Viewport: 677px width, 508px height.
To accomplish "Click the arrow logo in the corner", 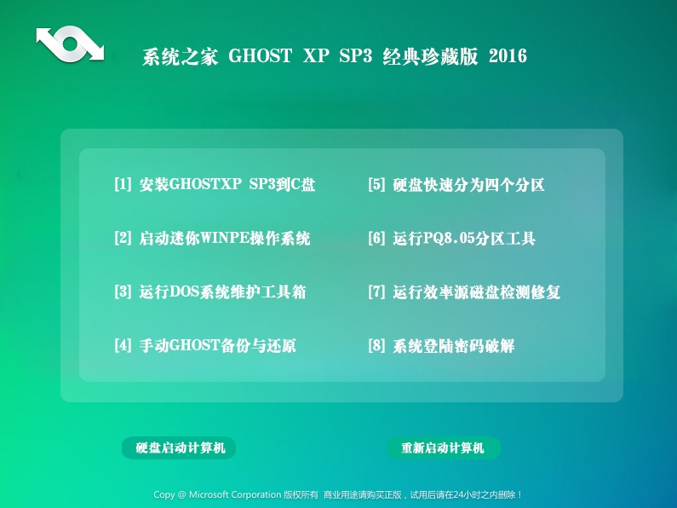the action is [70, 43].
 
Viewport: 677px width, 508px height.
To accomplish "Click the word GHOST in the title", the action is [261, 56].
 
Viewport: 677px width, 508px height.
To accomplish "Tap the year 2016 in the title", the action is [508, 56].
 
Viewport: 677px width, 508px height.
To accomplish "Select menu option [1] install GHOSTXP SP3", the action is [215, 184].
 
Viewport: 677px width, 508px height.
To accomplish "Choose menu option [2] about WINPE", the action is [212, 238].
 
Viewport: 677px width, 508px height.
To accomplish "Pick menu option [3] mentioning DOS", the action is [209, 292].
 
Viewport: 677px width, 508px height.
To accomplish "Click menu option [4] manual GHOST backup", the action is [205, 345].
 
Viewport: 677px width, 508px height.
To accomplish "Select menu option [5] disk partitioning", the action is [456, 184].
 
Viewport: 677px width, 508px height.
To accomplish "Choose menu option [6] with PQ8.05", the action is [451, 238].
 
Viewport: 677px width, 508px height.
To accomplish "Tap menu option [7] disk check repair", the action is [464, 292].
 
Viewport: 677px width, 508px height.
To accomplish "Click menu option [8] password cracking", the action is [441, 345].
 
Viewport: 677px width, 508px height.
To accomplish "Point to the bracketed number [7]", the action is [376, 292].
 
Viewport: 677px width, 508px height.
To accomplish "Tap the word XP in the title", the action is [316, 56].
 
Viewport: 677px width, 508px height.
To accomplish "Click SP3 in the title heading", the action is [355, 56].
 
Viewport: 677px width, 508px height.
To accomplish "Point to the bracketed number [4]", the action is [123, 345].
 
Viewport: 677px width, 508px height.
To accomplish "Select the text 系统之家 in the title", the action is [180, 56].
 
